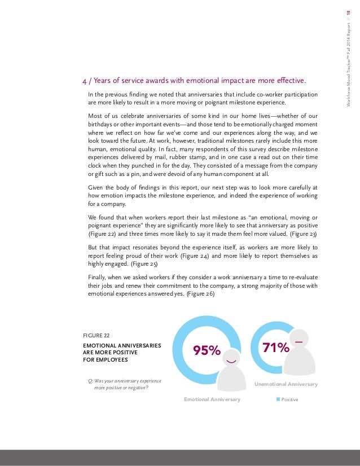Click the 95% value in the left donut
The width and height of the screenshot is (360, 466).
pos(207,350)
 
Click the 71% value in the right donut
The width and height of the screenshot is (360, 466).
pos(275,347)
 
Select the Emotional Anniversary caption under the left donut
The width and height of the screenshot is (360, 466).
pos(212,399)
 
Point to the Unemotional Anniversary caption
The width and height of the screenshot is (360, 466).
pos(286,384)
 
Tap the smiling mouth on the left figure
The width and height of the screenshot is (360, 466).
pos(231,360)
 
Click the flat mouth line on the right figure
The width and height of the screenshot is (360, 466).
pos(298,341)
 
